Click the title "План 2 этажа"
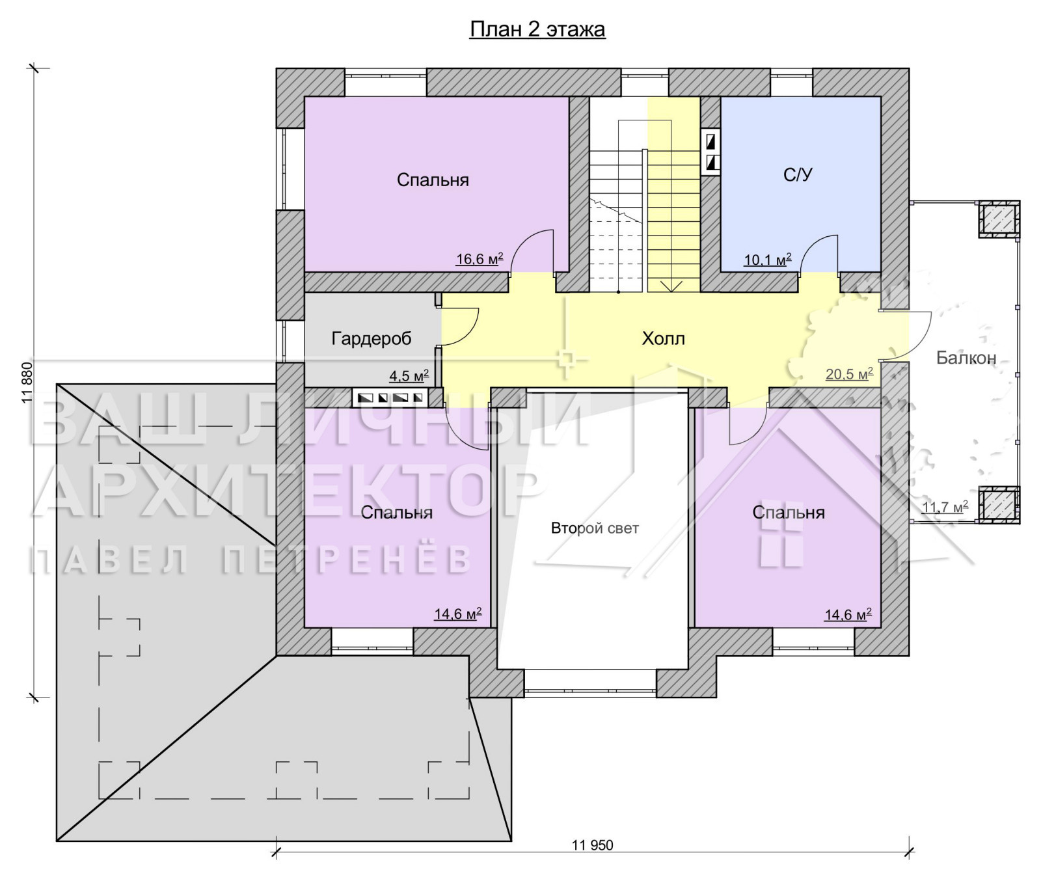(x=537, y=29)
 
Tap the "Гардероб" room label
(x=372, y=338)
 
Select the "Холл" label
(x=663, y=338)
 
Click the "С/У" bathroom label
(x=798, y=174)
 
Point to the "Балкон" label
(x=966, y=357)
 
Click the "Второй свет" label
(x=595, y=528)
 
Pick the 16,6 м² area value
(x=480, y=259)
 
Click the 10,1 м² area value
(x=768, y=260)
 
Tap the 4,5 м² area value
(x=409, y=375)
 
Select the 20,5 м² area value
(x=849, y=374)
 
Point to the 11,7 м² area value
(x=945, y=507)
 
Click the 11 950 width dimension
(x=592, y=845)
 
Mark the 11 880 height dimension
(x=27, y=383)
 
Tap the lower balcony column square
(x=998, y=504)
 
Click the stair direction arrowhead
(x=672, y=286)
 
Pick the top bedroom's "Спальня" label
(x=433, y=180)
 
